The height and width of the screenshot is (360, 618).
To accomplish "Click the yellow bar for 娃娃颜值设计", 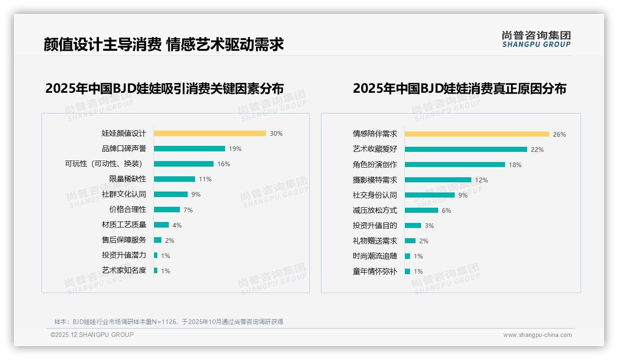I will click(210, 133).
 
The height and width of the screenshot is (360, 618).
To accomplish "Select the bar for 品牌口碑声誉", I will click(189, 149).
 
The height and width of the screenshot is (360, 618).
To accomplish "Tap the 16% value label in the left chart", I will click(224, 164).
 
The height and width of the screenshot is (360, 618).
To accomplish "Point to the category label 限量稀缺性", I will click(128, 179).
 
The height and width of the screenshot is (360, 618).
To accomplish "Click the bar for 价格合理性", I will click(167, 210).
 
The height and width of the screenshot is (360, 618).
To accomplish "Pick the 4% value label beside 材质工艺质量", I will click(177, 225).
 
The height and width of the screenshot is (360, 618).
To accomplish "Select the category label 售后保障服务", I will click(124, 240).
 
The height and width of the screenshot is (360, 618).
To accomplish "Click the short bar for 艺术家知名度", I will click(156, 270).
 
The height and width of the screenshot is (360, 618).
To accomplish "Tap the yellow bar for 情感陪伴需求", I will click(477, 134).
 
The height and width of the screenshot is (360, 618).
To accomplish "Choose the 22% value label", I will click(537, 150).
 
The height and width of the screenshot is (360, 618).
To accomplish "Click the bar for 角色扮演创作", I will click(455, 165).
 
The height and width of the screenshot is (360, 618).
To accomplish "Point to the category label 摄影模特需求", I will click(375, 180).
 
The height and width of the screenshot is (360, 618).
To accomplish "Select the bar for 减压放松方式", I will click(422, 210).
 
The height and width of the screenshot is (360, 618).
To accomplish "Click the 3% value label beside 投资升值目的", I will click(429, 226).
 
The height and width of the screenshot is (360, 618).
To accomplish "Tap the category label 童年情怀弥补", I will click(375, 271).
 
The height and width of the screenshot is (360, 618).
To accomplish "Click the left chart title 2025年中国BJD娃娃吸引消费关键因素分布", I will click(164, 88).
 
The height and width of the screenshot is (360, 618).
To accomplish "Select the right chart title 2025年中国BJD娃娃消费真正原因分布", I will click(459, 88).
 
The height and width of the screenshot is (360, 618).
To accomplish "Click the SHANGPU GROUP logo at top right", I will click(536, 39).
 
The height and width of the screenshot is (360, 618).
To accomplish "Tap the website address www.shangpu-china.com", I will click(537, 335).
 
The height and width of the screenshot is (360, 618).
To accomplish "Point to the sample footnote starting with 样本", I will click(169, 322).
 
